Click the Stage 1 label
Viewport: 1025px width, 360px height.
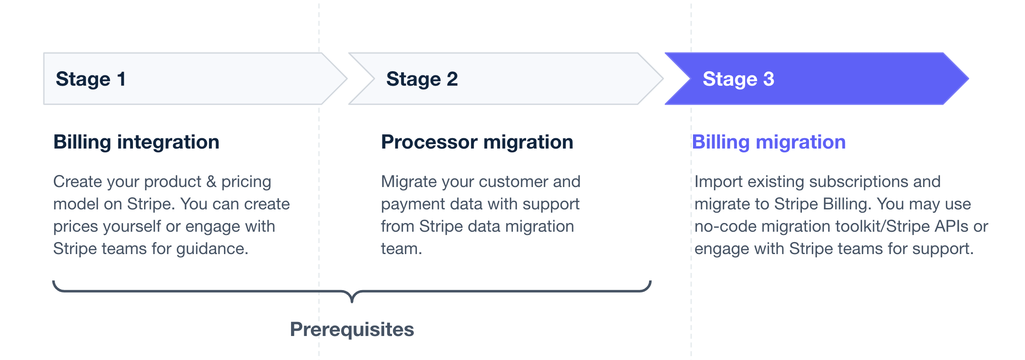pos(91,79)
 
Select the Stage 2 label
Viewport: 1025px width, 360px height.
pos(422,79)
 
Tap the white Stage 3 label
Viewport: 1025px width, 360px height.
pos(738,79)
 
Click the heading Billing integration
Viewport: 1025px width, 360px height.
pos(136,142)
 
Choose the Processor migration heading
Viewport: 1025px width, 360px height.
pos(477,142)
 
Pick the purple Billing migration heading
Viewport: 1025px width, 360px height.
pos(769,142)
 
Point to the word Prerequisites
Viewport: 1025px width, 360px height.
pos(352,330)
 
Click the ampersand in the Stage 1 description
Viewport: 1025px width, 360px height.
pos(211,182)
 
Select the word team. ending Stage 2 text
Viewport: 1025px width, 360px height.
pos(401,249)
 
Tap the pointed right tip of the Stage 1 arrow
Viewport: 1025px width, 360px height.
pos(346,79)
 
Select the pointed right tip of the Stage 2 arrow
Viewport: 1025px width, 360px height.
pos(663,79)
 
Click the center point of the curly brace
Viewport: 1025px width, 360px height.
pos(352,301)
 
